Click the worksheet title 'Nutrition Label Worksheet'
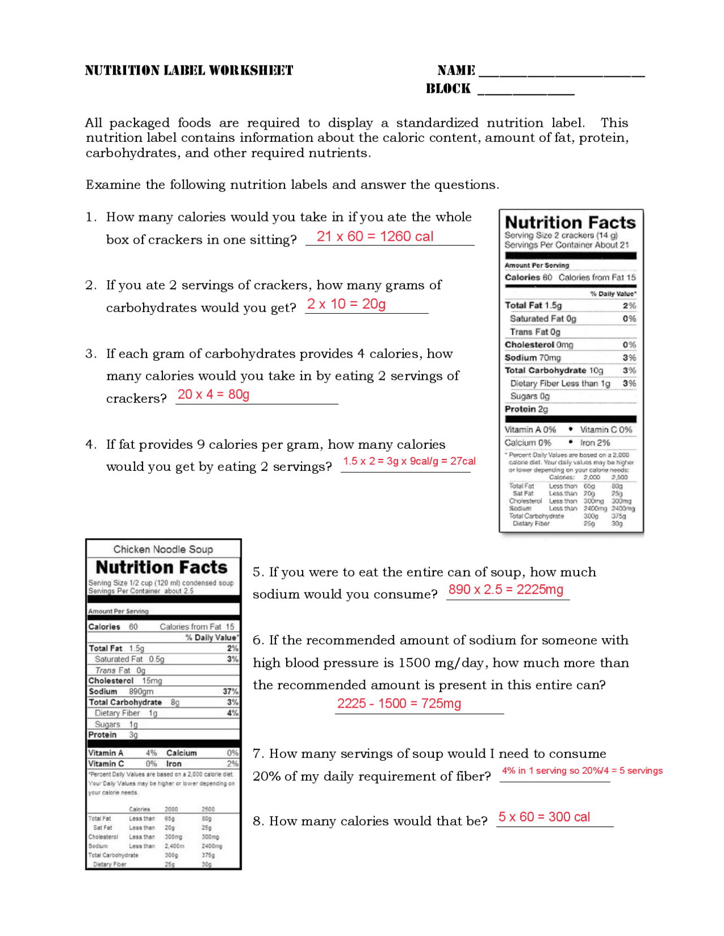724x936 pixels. point(189,71)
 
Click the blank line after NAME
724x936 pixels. point(561,75)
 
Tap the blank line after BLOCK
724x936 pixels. point(526,93)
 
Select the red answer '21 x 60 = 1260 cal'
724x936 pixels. point(374,236)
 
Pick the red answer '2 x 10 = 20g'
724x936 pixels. point(346,304)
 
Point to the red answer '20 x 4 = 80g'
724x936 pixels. point(213,395)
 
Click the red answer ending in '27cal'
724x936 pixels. point(409,461)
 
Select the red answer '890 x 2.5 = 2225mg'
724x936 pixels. point(506,590)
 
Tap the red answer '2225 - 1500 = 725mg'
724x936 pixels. point(399,704)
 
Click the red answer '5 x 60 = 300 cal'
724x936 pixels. point(544,817)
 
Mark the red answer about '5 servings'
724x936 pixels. point(582,771)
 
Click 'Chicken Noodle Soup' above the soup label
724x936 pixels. point(163,549)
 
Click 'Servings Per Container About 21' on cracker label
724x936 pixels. point(566,245)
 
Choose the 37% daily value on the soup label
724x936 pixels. point(231,691)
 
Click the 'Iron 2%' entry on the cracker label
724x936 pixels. point(594,443)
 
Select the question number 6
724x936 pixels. point(257,640)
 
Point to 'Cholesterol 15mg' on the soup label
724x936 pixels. point(125,681)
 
